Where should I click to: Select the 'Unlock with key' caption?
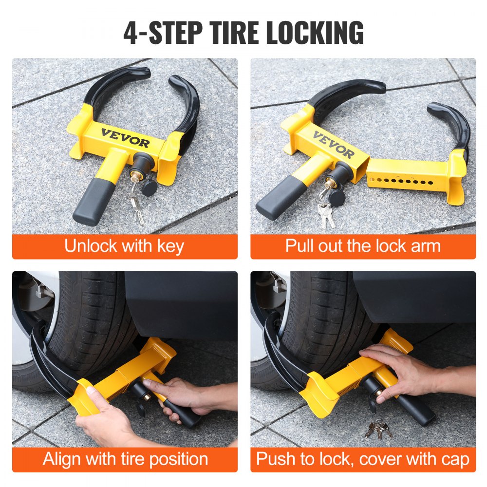pos(124,246)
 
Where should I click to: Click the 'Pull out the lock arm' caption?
pos(363,246)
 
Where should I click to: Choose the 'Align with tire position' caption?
pos(125,459)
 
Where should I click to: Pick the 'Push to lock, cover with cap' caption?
pos(363,459)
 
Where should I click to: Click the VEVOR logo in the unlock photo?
pos(125,137)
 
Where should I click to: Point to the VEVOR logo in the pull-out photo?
pos(334,145)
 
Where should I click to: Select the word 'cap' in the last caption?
pos(454,459)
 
